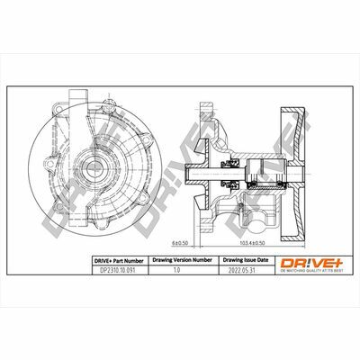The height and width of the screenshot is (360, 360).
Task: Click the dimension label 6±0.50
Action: tap(179, 242)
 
